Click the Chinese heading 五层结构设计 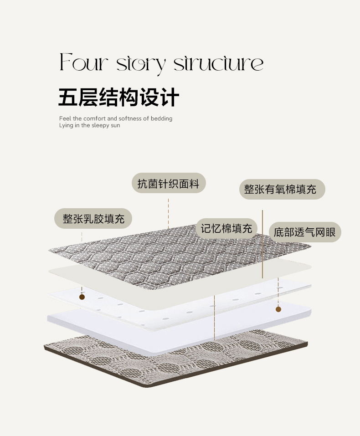click(119, 97)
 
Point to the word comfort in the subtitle click(95, 118)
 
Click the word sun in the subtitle click(115, 125)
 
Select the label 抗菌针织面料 click(169, 184)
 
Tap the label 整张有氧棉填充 click(282, 190)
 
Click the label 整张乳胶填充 click(93, 219)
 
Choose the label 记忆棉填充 click(227, 228)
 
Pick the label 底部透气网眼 click(304, 232)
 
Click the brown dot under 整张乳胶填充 click(82, 297)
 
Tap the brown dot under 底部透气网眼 click(278, 309)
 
